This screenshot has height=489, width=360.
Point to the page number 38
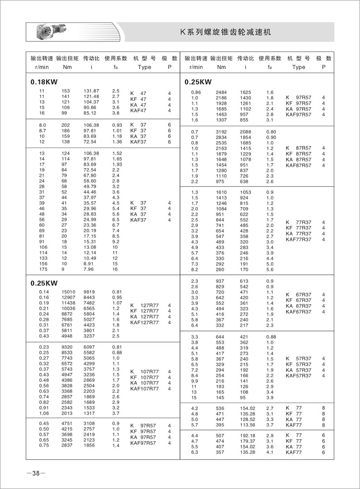click(x=36, y=474)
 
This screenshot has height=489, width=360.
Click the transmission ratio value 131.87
click(x=91, y=91)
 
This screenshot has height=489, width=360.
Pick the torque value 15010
click(x=67, y=292)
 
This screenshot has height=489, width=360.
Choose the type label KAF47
click(x=139, y=110)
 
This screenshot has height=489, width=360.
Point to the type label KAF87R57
click(x=299, y=165)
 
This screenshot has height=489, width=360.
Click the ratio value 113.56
click(x=249, y=425)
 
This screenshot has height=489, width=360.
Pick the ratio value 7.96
click(x=89, y=269)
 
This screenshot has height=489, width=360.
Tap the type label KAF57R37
click(x=299, y=376)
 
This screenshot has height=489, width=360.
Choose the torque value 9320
click(x=67, y=347)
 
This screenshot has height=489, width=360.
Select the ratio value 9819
click(x=89, y=292)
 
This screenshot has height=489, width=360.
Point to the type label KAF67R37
click(x=299, y=312)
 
